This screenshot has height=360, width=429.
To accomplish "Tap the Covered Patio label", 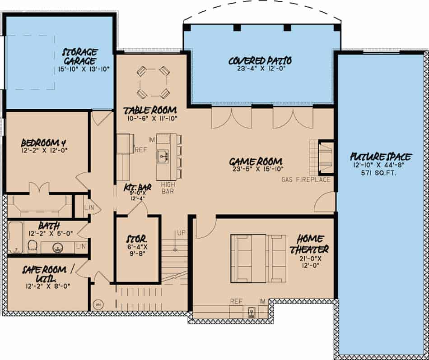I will [260, 60].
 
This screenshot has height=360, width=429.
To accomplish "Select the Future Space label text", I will [381, 157].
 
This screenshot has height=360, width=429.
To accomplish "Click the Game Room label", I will [256, 162].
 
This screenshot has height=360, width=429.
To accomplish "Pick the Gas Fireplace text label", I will [306, 180].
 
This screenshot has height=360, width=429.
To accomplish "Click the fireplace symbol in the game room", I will [326, 157].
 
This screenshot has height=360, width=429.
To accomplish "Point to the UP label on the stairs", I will [181, 233].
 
